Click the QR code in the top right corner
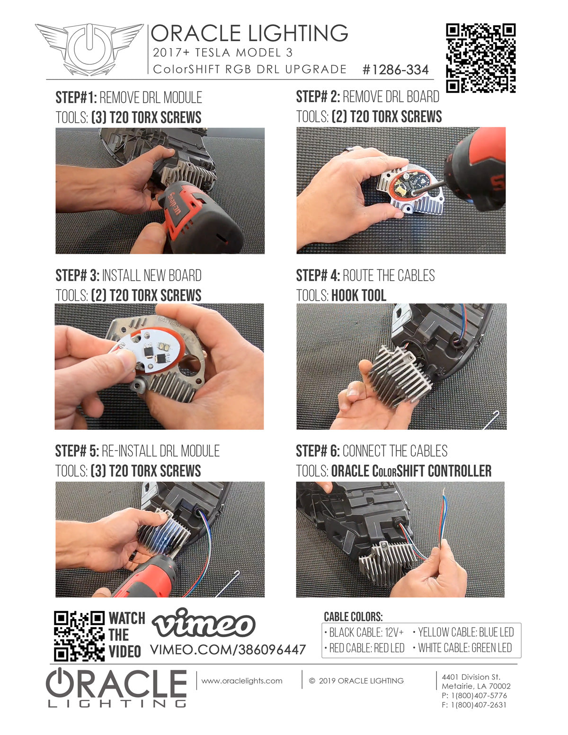[x=480, y=58]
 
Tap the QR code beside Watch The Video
[x=79, y=636]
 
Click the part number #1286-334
[x=395, y=70]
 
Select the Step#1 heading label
[x=76, y=97]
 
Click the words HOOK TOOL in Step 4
[x=358, y=295]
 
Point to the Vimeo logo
[x=204, y=624]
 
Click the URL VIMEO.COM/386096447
[x=228, y=649]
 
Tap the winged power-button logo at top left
[x=89, y=49]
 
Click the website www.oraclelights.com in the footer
[x=242, y=681]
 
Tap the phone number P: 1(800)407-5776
[x=474, y=695]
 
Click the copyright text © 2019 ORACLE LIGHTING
[x=356, y=681]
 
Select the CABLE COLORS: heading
[x=353, y=617]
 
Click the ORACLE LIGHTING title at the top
[x=249, y=34]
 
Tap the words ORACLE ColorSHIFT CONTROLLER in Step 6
[x=411, y=471]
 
